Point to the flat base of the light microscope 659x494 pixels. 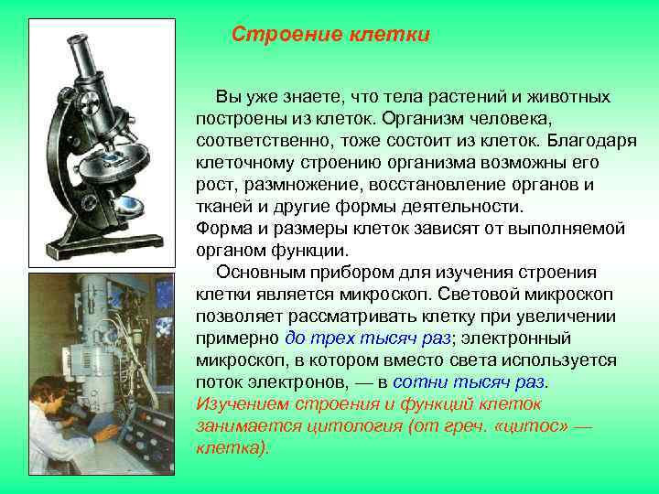(x=101, y=242)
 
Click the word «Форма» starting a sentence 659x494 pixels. (x=221, y=228)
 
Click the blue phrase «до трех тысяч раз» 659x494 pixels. (x=369, y=338)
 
